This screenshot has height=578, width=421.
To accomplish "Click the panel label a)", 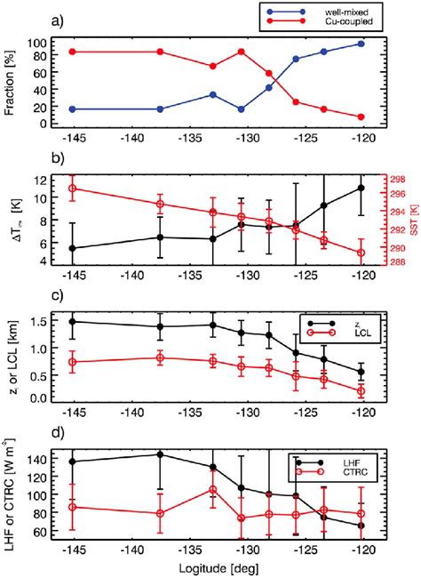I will click(x=19, y=14).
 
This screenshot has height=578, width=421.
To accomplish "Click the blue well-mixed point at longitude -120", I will click(x=361, y=44).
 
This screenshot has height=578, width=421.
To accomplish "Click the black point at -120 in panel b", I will click(x=361, y=188).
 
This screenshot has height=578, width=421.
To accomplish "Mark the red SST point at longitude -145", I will click(x=73, y=188).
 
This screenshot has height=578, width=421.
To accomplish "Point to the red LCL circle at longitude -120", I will click(x=361, y=390).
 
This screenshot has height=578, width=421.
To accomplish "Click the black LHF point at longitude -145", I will click(x=73, y=462).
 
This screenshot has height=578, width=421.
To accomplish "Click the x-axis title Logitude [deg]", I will click(x=217, y=569).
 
